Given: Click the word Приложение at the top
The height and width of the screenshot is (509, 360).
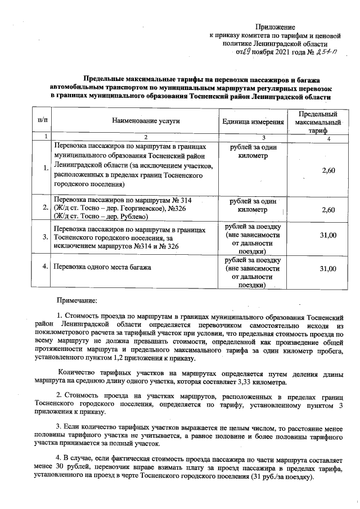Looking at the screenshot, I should click(275, 27).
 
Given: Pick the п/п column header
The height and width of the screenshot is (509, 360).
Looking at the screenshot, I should click(42, 121).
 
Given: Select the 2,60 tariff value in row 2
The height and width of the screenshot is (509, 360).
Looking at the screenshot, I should click(328, 210).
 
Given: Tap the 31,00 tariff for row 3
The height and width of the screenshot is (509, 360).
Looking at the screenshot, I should click(328, 236).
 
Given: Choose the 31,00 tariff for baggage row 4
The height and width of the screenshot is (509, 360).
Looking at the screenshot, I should click(328, 269).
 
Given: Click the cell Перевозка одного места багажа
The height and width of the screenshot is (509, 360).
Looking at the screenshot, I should click(102, 267).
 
